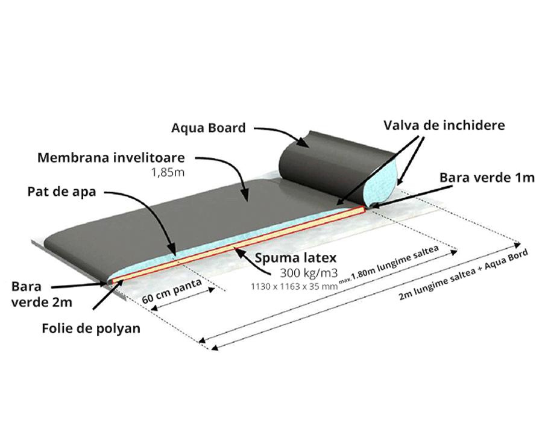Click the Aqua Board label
209,128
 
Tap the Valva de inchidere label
444,125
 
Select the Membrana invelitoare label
111,157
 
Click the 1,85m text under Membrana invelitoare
168,172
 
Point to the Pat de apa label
61,192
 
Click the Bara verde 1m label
487,178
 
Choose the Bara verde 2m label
42,294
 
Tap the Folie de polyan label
91,328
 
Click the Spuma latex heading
295,258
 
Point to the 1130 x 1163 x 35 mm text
294,286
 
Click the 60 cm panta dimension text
172,291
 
